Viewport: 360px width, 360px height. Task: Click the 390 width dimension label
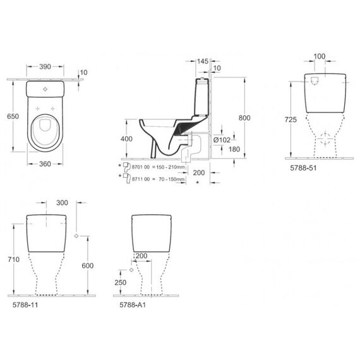(x=45, y=66)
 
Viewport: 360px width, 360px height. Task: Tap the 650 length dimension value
(x=13, y=116)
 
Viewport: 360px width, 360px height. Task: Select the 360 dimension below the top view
(x=45, y=164)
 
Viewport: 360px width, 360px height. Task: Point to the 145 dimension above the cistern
(x=203, y=61)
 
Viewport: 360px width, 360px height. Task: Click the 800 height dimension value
(x=244, y=118)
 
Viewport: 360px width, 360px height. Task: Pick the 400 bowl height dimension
(x=126, y=139)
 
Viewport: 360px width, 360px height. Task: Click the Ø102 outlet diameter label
(x=222, y=140)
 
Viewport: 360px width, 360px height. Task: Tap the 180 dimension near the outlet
(x=234, y=149)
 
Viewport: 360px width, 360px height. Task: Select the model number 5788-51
(x=303, y=168)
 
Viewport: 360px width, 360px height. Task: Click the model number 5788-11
(x=25, y=304)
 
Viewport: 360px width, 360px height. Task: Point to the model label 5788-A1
(x=133, y=304)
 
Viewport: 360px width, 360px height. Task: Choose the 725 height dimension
(x=291, y=119)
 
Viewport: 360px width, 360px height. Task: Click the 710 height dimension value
(x=13, y=260)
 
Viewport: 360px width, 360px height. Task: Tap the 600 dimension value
(x=88, y=266)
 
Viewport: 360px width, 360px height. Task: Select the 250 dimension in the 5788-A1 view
(x=121, y=282)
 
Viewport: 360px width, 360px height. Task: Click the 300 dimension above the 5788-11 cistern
(x=62, y=203)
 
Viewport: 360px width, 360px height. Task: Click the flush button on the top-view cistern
(x=45, y=89)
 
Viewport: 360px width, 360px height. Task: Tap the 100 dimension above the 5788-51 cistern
(x=320, y=56)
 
